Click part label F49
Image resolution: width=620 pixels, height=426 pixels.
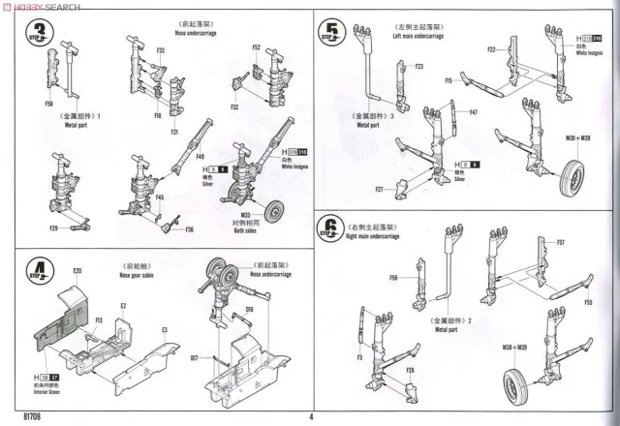point(200,155)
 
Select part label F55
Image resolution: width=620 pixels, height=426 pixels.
point(589,303)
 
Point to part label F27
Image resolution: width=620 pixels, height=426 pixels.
point(381,188)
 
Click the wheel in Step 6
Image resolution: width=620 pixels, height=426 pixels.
point(514,385)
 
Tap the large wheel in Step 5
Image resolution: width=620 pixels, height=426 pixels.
point(573,178)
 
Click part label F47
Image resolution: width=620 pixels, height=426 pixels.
point(474,113)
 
